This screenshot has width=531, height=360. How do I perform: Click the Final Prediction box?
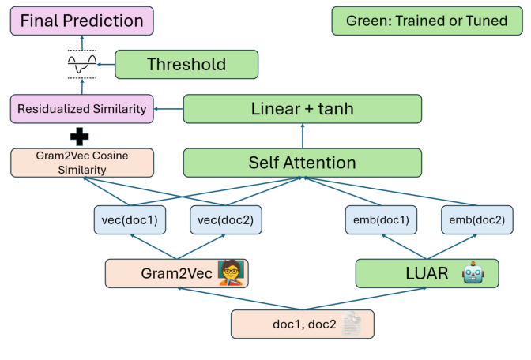coord(82,21)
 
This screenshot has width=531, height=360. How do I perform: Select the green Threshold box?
coord(186,64)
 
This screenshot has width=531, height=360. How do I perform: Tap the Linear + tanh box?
coord(303,109)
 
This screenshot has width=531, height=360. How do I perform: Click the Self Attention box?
coord(303,163)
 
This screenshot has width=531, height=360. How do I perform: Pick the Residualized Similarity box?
coord(82,109)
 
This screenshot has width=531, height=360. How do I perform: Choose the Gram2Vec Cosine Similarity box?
coord(82,163)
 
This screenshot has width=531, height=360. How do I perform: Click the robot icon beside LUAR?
coord(473,273)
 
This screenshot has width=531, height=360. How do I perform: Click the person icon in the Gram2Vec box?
coord(232,273)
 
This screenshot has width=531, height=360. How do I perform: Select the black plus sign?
coord(80,135)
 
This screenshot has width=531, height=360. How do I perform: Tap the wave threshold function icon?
coord(82,65)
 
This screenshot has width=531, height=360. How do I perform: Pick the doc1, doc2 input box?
coord(302,324)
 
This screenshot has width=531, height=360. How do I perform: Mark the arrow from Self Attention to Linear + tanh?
coord(303,137)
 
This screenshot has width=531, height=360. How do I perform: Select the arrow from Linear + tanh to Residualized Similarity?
coord(168,109)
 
